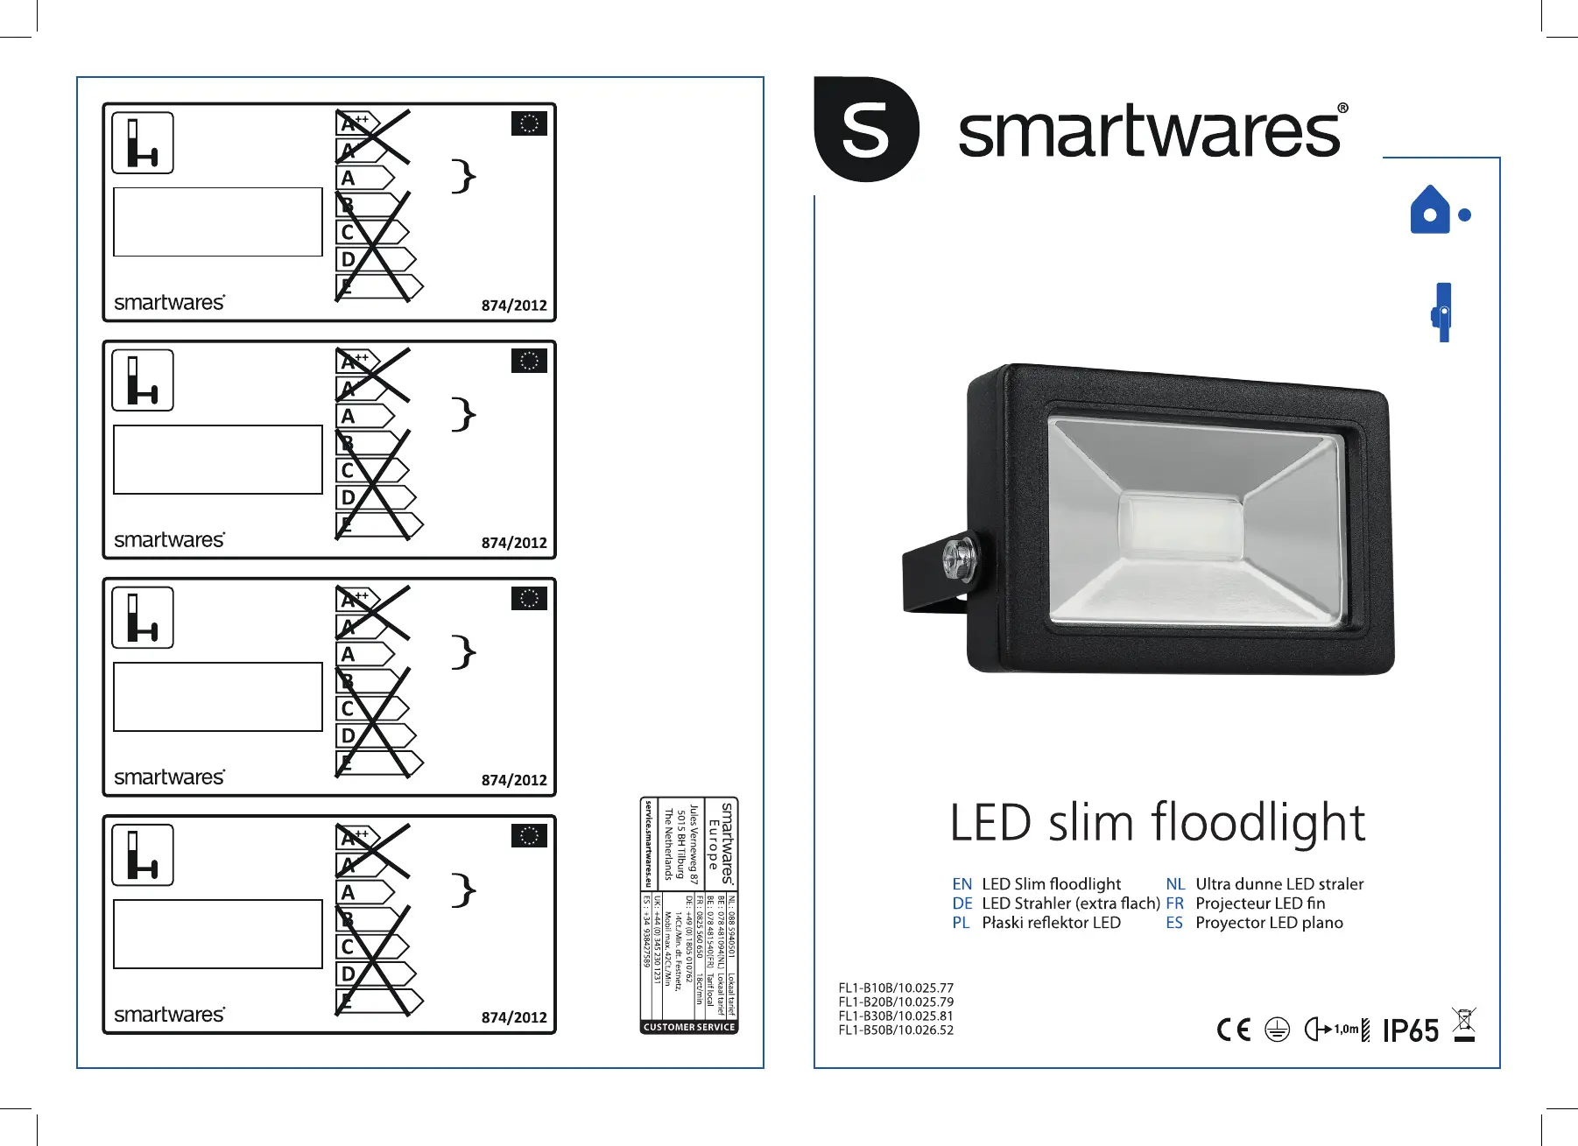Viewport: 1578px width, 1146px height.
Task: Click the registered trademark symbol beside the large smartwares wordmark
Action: pos(1342,109)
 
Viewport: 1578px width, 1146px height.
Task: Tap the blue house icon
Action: pos(1430,211)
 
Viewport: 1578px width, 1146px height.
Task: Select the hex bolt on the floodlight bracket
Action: pos(960,558)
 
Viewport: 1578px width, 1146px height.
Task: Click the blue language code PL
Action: pos(961,923)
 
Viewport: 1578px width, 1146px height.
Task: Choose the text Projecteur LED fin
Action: pos(1260,903)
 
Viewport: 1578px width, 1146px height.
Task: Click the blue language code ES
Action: pos(1174,923)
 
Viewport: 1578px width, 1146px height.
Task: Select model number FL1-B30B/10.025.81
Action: pos(896,1016)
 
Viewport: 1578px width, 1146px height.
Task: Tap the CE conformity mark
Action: pos(1234,1030)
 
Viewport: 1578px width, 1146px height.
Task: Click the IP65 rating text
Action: pos(1411,1030)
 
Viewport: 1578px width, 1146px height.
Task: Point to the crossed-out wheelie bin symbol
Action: pos(1464,1025)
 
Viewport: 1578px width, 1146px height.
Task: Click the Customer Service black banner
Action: pos(689,1027)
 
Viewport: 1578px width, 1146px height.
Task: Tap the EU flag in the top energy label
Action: pos(529,123)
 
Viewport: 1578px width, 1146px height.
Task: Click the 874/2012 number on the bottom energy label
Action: pos(514,1017)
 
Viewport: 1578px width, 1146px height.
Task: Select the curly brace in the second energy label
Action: pos(463,413)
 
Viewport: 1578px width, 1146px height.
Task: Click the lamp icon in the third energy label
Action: pos(143,618)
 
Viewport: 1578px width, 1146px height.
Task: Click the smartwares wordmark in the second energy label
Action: pos(170,540)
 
